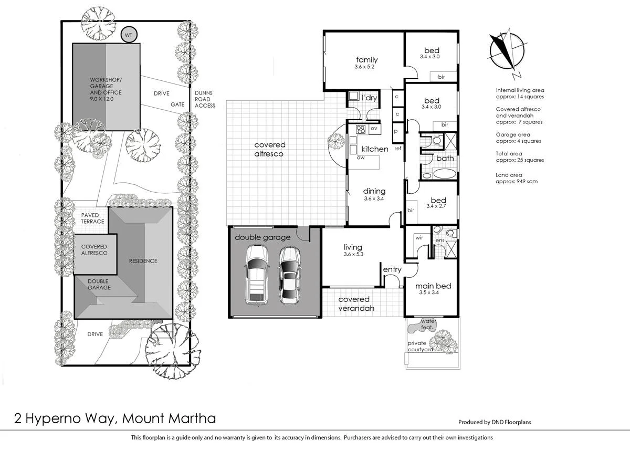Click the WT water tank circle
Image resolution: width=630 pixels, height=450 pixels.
coord(129,35)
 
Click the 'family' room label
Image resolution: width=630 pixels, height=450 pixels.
coord(366,59)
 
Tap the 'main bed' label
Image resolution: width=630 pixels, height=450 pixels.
coord(433,286)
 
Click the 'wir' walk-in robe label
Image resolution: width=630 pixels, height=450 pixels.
coord(419,237)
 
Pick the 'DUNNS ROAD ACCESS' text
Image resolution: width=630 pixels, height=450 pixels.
coord(205,99)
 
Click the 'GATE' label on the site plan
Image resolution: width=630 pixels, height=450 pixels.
coord(177,104)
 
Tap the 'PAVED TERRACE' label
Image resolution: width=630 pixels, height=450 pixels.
coord(93,218)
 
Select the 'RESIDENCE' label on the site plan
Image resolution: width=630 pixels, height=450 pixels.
coord(143,260)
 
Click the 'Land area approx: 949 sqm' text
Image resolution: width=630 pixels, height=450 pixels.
coord(517,178)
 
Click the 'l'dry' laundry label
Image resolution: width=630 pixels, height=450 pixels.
coord(369,98)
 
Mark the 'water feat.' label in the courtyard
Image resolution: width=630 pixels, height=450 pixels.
coord(428,323)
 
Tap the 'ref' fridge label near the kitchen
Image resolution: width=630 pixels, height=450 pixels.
coord(398,149)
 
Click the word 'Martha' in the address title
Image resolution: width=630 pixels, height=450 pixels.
coord(193,418)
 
